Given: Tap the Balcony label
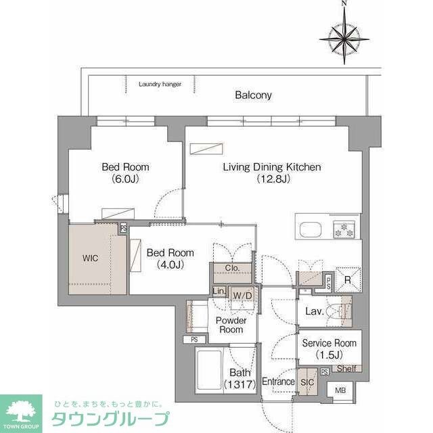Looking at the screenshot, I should pyautogui.click(x=253, y=95).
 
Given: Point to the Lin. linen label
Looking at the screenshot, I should pyautogui.click(x=219, y=292).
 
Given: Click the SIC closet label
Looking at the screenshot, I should pyautogui.click(x=308, y=382).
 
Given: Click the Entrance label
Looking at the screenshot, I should pyautogui.click(x=278, y=382).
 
